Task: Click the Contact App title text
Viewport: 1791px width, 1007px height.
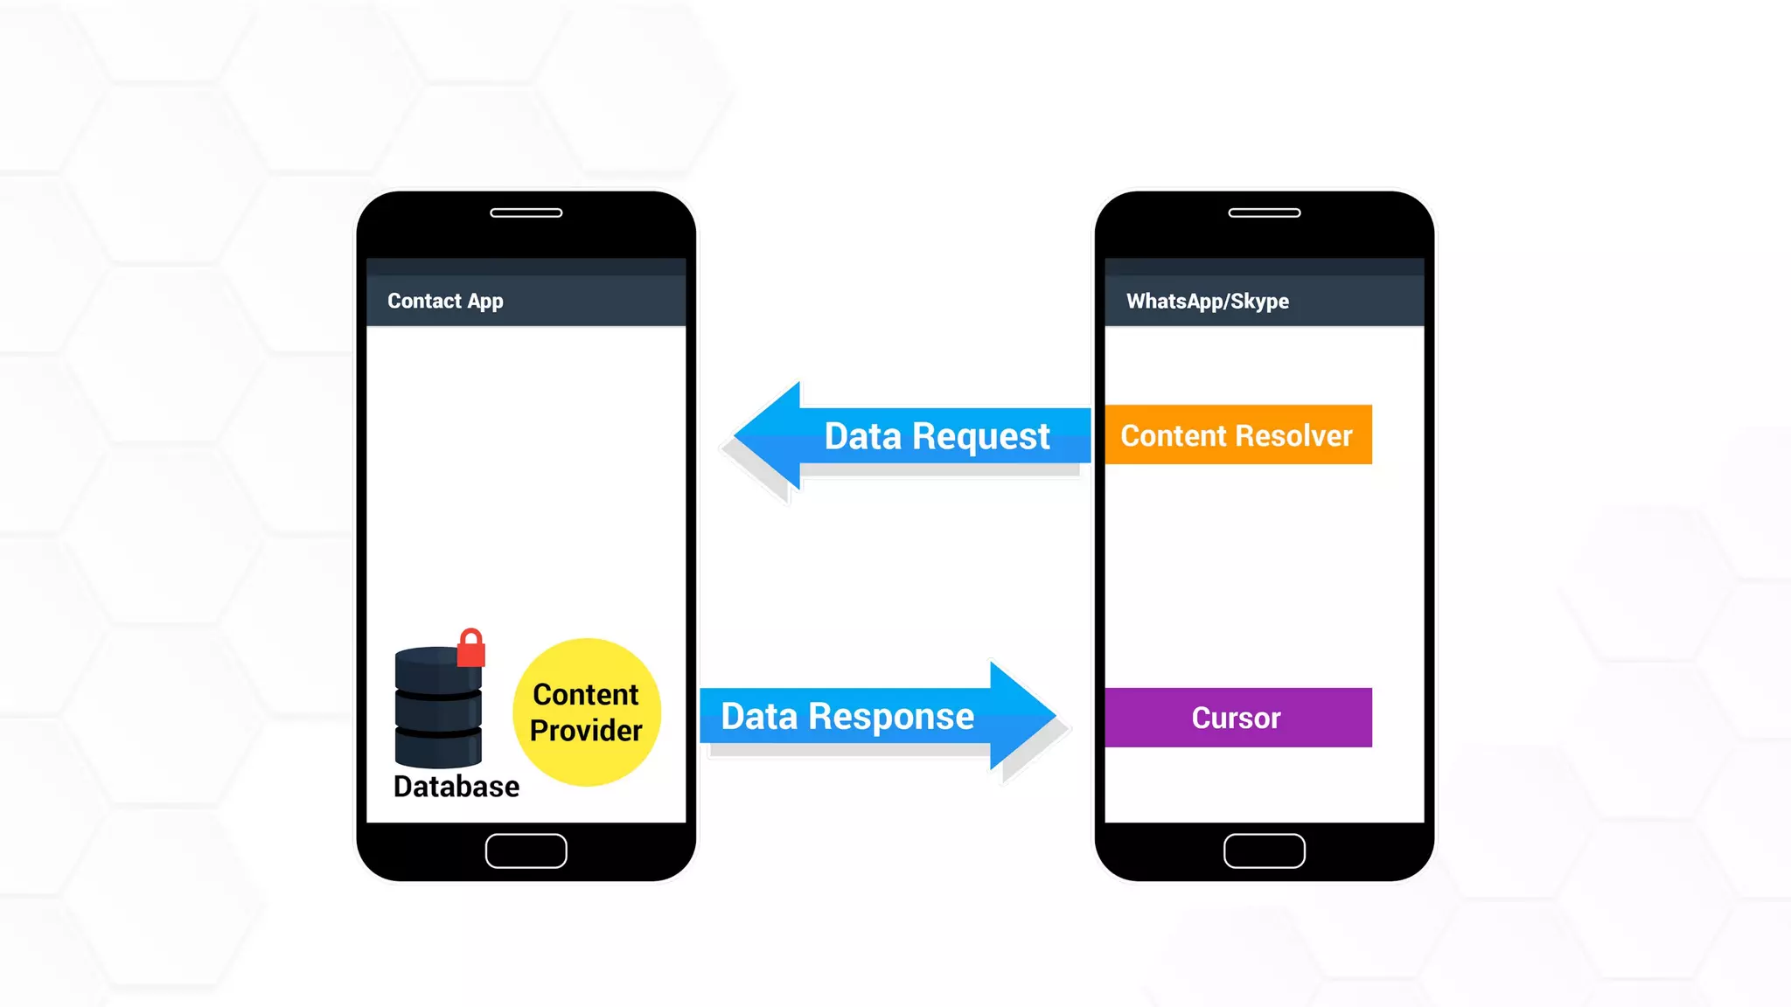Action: (445, 301)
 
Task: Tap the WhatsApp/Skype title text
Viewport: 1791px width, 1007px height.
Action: (1207, 301)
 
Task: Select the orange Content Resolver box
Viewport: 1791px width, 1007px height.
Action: (1237, 434)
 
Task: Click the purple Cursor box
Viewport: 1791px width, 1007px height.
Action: (1237, 718)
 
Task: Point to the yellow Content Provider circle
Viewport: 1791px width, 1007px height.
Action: (586, 712)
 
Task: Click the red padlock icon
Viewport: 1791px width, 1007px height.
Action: (471, 648)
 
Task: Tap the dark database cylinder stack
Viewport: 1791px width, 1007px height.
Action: (437, 708)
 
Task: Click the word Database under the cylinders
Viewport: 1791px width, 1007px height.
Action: (456, 787)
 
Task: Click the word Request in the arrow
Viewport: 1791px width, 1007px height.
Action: (980, 436)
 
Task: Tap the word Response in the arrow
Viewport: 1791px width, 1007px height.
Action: (890, 717)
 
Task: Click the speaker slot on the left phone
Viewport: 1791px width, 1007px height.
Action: (526, 212)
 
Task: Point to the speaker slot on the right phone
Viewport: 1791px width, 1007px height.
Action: (1264, 212)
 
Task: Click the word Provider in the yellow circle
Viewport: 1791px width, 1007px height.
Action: (586, 730)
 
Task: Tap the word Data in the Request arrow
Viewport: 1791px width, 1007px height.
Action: (862, 436)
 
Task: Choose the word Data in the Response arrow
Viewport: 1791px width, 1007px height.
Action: (759, 717)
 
